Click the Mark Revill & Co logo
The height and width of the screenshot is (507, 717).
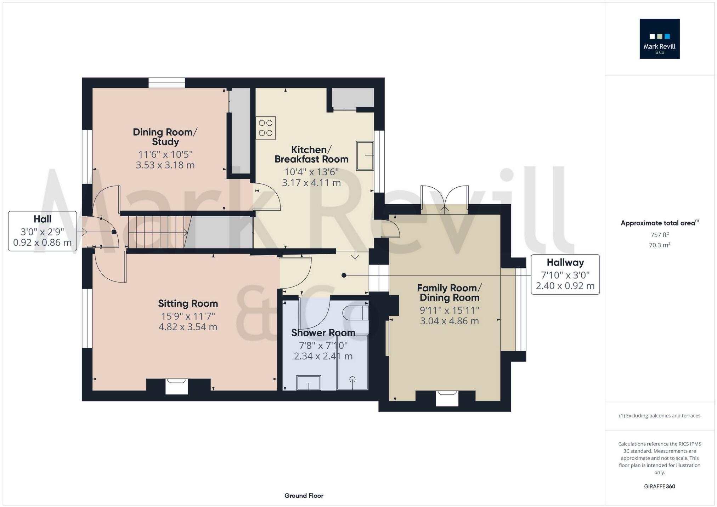659,39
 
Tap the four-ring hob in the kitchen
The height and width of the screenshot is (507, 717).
266,128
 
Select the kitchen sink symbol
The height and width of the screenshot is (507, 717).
365,156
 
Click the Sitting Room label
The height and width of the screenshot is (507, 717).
188,303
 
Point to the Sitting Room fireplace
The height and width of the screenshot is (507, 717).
177,386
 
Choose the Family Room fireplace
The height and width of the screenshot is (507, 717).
447,398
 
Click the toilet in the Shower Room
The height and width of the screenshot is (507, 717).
356,313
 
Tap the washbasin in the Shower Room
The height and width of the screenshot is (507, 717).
309,383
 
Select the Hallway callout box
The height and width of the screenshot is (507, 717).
565,274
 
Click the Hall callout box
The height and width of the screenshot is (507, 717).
43,231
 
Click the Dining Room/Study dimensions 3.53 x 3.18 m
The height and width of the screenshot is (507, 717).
165,165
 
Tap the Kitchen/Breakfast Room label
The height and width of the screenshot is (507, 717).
311,154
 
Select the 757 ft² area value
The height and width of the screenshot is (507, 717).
660,235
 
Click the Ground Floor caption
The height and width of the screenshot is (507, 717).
304,496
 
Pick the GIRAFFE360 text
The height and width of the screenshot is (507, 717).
660,486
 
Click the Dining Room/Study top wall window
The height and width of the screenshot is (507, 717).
166,83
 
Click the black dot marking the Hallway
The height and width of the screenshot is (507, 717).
344,275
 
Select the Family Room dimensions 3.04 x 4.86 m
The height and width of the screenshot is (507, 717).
449,321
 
